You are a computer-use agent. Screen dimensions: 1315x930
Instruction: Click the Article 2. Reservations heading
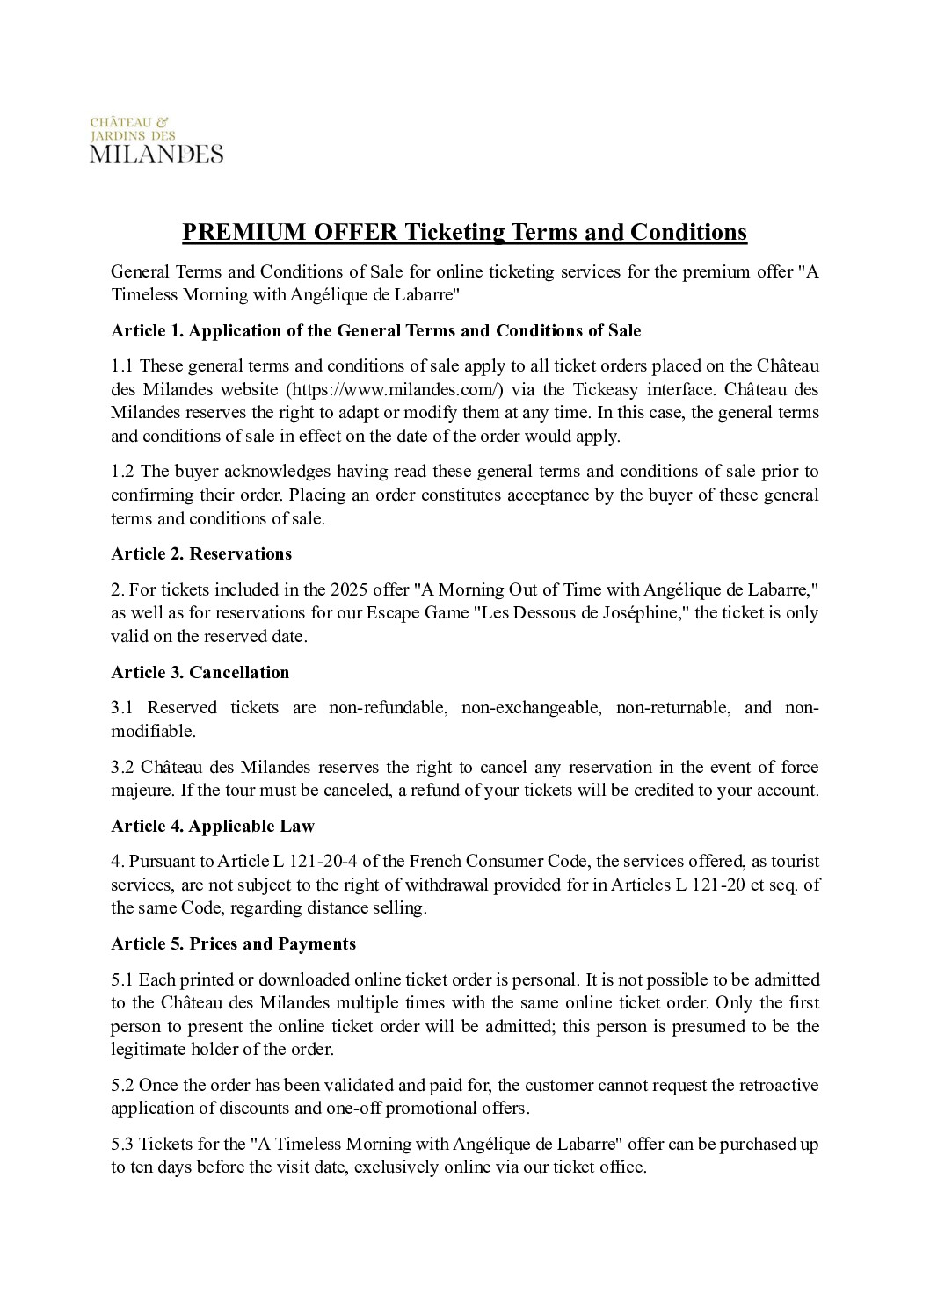pos(201,553)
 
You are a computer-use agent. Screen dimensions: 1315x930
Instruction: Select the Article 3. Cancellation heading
pos(200,672)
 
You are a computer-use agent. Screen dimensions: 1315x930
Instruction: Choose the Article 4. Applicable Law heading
pos(212,826)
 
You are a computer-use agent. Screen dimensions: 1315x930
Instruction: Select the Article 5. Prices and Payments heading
pos(233,943)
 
